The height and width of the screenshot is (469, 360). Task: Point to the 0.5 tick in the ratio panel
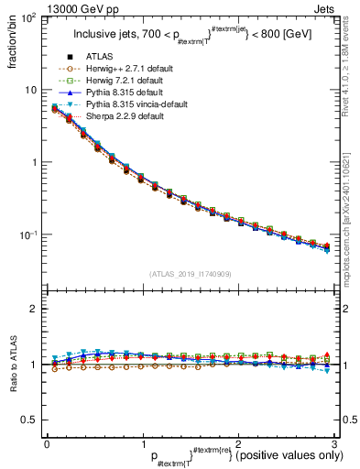30,420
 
